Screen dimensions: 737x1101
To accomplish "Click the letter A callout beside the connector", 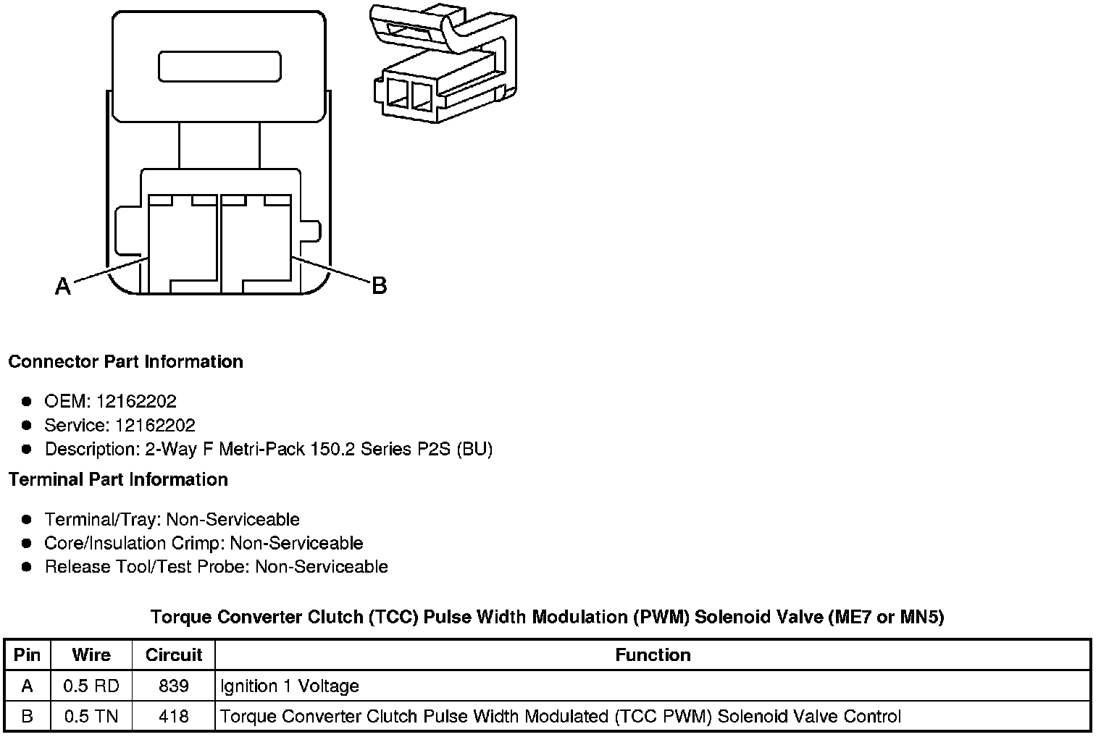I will [x=63, y=287].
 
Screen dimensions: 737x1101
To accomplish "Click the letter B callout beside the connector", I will [x=379, y=285].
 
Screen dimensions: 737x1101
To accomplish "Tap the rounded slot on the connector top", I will [x=219, y=67].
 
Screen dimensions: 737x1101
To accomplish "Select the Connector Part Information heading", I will [x=125, y=362].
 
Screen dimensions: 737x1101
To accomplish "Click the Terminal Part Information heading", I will [x=118, y=480].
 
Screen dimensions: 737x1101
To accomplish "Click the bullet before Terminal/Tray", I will [x=27, y=519].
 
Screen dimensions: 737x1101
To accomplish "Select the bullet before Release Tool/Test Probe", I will [x=27, y=566].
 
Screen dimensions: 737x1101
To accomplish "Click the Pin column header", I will [x=27, y=655].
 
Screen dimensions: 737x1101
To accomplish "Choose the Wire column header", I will [x=91, y=655].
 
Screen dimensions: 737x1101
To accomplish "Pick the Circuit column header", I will [x=174, y=655].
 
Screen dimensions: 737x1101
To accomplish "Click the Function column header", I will [x=653, y=655].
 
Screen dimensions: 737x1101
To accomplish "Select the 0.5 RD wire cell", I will [x=91, y=686].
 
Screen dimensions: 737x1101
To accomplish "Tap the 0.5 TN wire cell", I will [x=91, y=717].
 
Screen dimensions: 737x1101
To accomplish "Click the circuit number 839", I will [x=174, y=686].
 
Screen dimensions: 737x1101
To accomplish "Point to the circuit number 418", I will [x=174, y=717].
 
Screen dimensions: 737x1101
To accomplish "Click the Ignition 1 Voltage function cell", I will [x=289, y=686].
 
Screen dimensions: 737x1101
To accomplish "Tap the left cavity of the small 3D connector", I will [x=398, y=95].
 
